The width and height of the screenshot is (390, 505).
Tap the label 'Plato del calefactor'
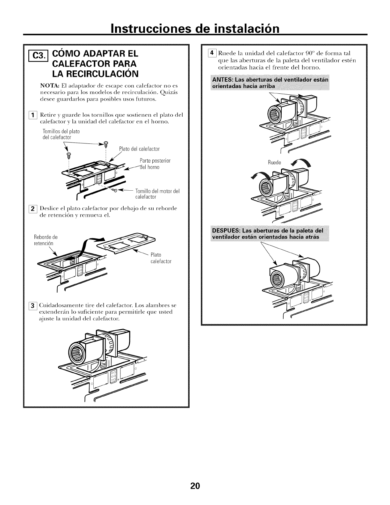pos(139,149)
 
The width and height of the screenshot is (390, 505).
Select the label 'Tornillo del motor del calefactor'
pos(157,194)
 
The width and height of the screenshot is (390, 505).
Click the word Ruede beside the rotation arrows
pos(274,163)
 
